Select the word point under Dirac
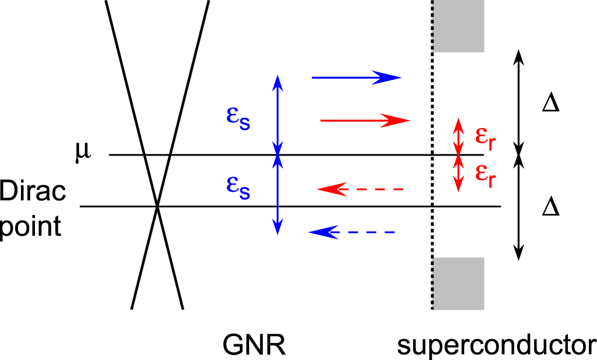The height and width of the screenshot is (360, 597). [30, 226]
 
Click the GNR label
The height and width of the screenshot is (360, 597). [254, 345]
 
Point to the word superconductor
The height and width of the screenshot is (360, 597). [497, 345]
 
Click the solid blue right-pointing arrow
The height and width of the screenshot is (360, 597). [356, 77]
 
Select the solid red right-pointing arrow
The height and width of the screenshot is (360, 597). [365, 121]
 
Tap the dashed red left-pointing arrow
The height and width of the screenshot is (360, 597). [360, 189]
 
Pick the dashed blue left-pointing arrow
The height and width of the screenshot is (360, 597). [352, 232]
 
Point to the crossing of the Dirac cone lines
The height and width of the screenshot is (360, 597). [157, 206]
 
